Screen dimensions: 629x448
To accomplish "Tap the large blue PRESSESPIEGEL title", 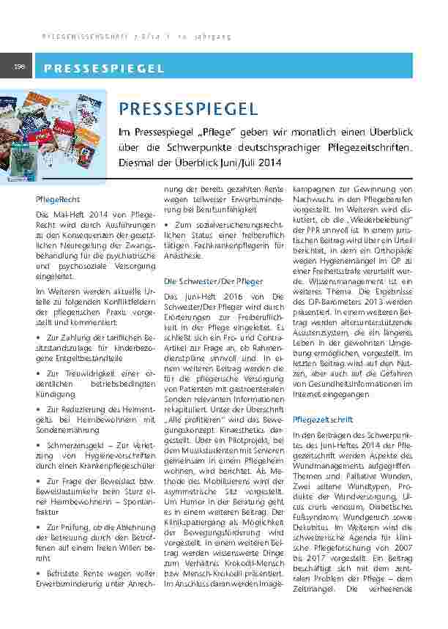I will point(187,110).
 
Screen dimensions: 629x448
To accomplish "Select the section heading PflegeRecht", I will point(58,198).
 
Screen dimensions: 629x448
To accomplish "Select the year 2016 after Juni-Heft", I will point(230,296).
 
